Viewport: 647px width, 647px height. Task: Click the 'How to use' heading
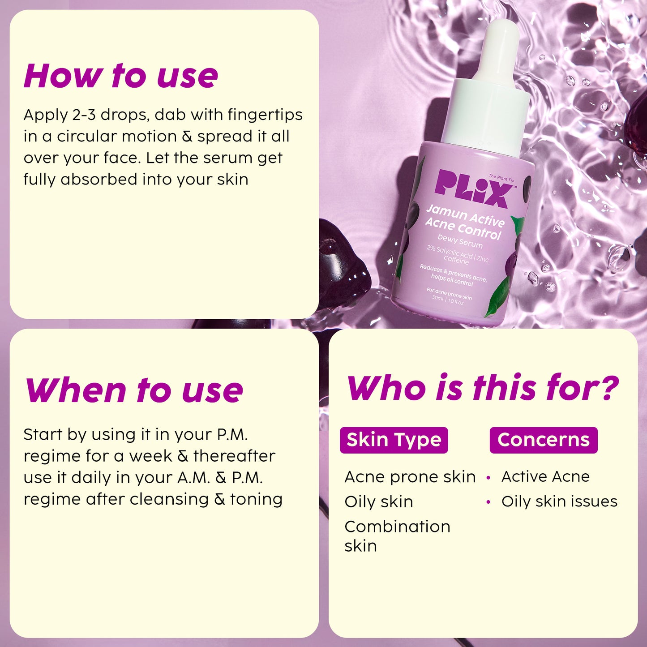pos(121,75)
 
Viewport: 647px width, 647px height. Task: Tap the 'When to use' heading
pos(134,390)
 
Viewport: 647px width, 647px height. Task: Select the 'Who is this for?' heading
pos(483,387)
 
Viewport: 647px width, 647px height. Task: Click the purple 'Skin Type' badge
pos(394,440)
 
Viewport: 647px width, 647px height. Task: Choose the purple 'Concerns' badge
pos(543,440)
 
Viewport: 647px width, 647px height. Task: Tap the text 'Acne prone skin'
pos(410,477)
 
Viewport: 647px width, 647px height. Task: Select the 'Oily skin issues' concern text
pos(559,501)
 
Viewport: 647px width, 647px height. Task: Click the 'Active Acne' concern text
pos(545,476)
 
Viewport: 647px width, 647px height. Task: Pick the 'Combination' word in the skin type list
pos(397,527)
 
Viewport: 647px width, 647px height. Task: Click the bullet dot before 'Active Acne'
pos(488,477)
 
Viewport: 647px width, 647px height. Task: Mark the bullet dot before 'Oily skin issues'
pos(488,502)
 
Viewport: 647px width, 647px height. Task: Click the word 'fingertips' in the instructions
pos(265,115)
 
